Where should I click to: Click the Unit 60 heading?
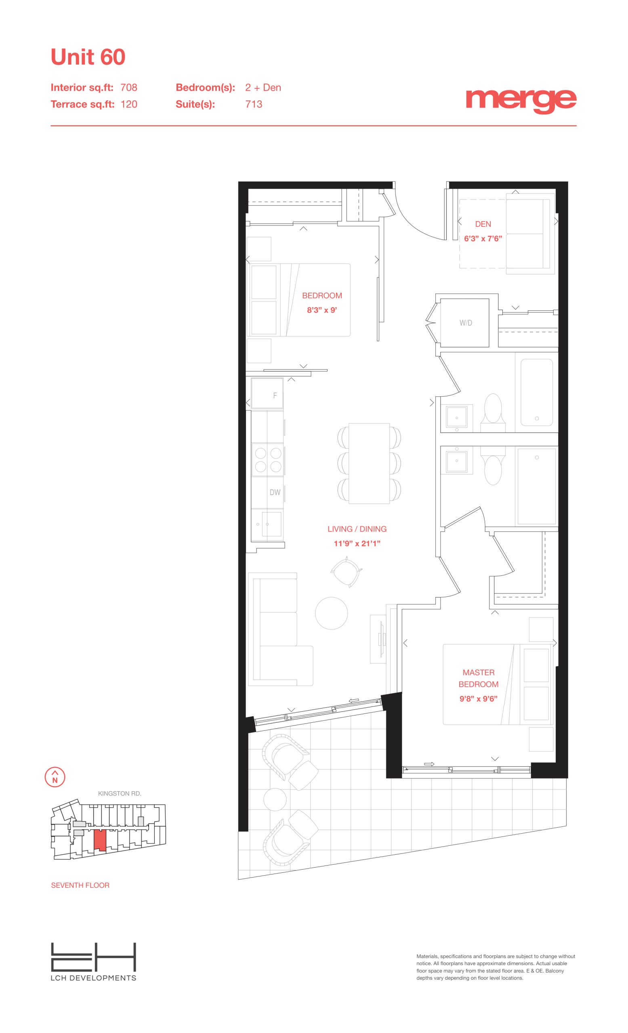[x=88, y=57]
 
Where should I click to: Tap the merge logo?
[x=521, y=101]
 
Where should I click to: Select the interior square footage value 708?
[x=129, y=87]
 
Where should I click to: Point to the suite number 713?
[x=254, y=104]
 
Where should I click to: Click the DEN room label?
[x=483, y=224]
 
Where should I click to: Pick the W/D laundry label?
[x=466, y=323]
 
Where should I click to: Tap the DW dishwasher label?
[x=275, y=492]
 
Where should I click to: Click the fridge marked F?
[x=267, y=393]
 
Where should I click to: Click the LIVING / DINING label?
[x=357, y=529]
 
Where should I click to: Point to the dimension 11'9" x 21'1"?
[x=357, y=544]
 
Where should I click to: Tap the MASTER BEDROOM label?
[x=478, y=678]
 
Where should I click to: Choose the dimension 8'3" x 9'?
[x=322, y=310]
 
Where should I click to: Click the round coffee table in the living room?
[x=332, y=613]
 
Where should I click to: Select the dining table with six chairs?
[x=369, y=463]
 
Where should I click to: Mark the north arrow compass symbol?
[x=55, y=777]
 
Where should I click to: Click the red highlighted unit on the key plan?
[x=100, y=840]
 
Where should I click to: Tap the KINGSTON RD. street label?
[x=120, y=794]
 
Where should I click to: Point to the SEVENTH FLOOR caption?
[x=80, y=885]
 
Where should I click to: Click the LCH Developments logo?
[x=94, y=961]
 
